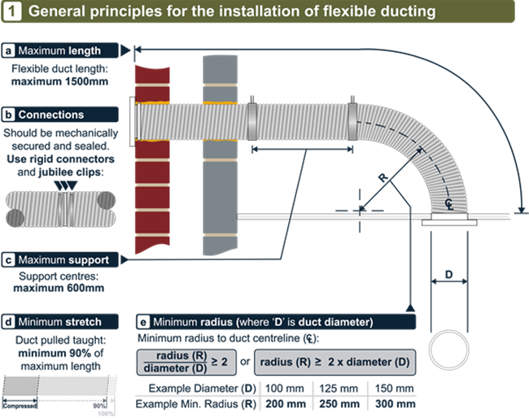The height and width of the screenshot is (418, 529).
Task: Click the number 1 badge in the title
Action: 13,13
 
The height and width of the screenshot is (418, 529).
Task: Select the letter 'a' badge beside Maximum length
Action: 9,51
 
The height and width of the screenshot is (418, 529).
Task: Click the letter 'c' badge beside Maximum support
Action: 9,260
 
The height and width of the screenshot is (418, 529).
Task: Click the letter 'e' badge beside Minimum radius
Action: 144,322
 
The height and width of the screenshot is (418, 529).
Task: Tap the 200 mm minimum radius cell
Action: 285,403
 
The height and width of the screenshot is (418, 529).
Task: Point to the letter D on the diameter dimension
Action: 448,274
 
